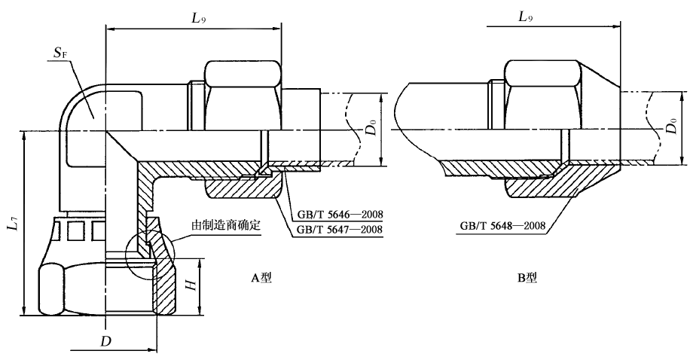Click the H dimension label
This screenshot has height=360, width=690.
(x=191, y=285)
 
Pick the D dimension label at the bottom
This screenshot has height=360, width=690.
(x=106, y=340)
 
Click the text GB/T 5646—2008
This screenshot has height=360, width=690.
(x=336, y=215)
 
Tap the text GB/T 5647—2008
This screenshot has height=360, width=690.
(x=336, y=229)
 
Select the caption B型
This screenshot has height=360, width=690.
(x=527, y=277)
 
